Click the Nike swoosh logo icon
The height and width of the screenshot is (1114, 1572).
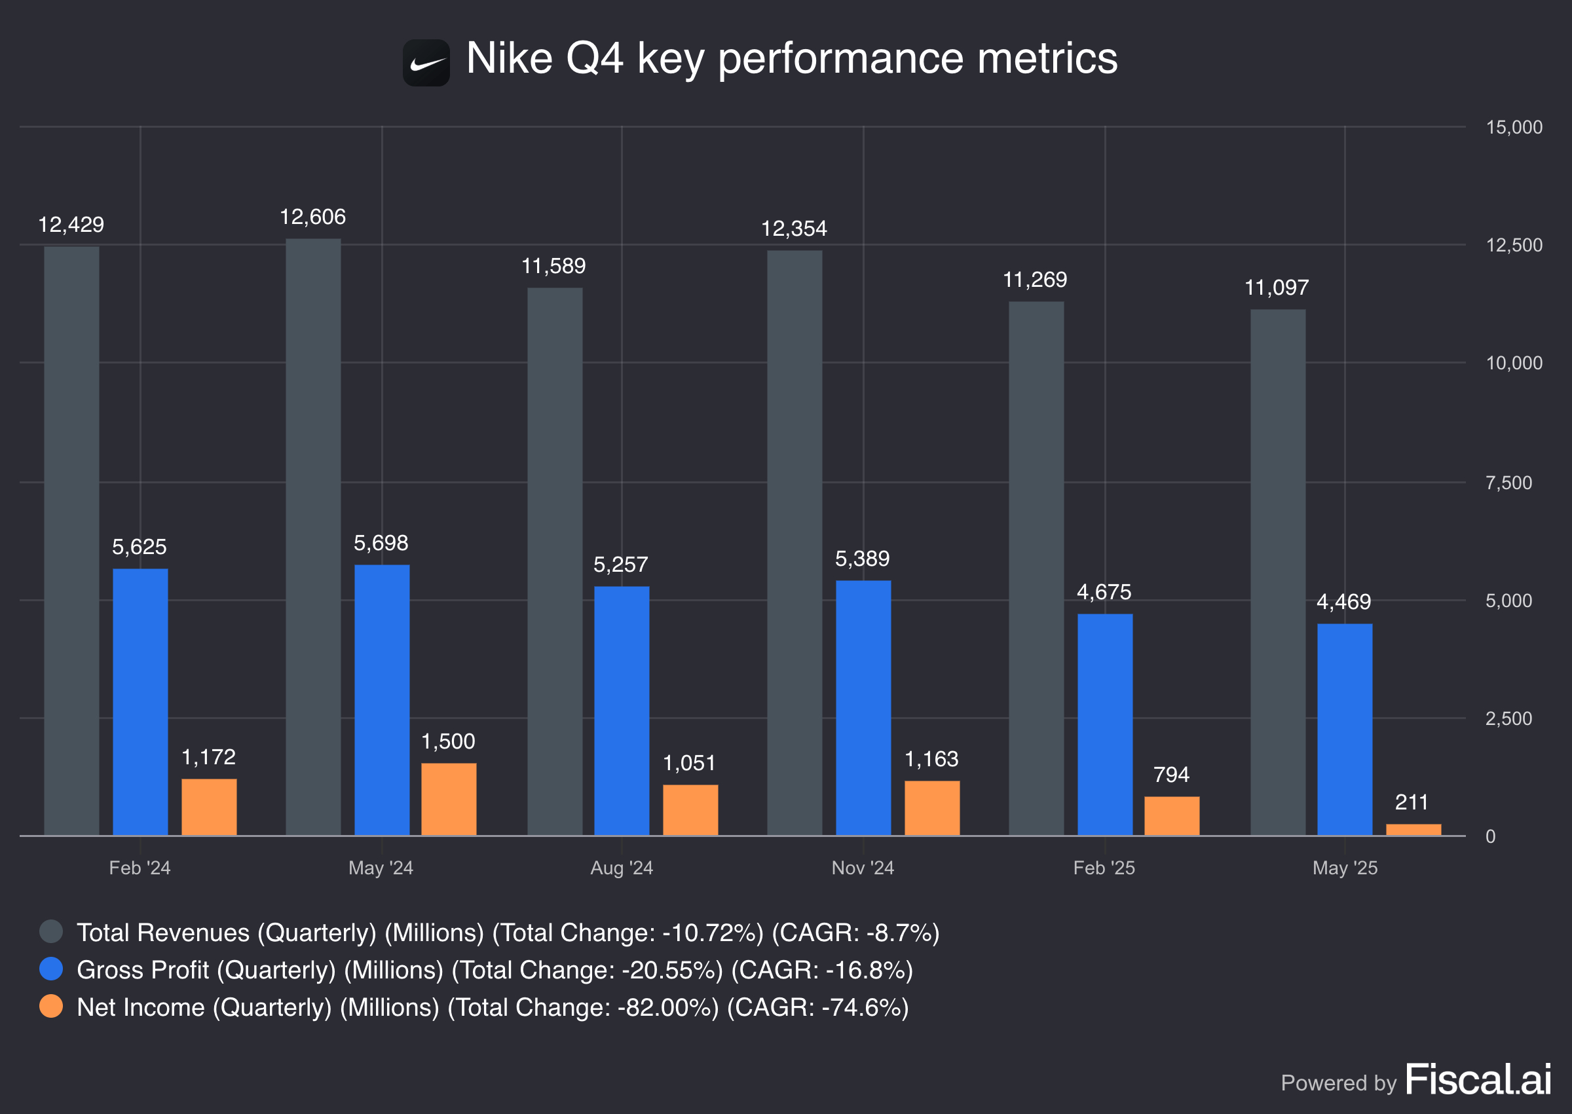tap(426, 63)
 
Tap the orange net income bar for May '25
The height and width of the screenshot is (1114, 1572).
tap(1413, 829)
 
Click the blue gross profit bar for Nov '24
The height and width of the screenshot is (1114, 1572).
tap(863, 707)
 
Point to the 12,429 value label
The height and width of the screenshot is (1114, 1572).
tap(71, 225)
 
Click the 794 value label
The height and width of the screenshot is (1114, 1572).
tap(1170, 775)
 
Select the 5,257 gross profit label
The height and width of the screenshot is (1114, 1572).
tap(620, 565)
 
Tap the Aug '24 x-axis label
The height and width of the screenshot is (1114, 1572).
tap(622, 868)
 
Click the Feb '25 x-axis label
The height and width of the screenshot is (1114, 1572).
tap(1104, 868)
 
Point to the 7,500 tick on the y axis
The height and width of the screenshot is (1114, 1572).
tap(1508, 483)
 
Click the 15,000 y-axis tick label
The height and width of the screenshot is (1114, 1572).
tap(1513, 127)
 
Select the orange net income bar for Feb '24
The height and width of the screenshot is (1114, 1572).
tap(208, 807)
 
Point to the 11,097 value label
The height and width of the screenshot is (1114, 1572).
tap(1276, 288)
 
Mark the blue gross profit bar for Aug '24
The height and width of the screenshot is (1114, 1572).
tap(622, 710)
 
